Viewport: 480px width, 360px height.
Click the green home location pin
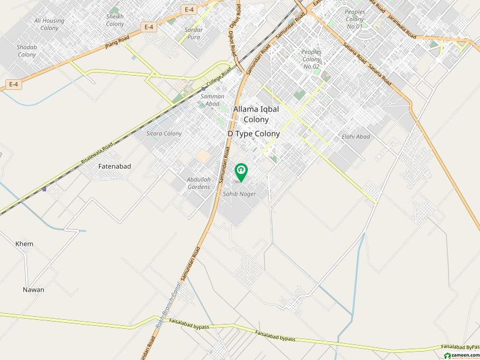[241, 172]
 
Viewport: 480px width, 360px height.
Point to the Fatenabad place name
[115, 166]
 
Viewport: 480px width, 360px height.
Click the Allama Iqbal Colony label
[256, 115]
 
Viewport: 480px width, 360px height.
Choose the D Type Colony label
[253, 134]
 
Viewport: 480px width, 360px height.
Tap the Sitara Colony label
[164, 133]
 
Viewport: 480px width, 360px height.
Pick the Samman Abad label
[212, 100]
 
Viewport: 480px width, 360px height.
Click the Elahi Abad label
[356, 137]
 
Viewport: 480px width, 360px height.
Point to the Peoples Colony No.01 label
[355, 19]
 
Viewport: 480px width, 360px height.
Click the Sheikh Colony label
[115, 20]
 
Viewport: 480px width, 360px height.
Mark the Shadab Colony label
[27, 50]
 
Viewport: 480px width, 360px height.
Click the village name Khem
[25, 244]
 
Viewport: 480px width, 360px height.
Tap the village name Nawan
[34, 290]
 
